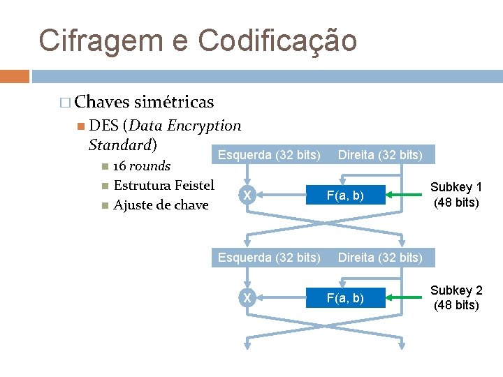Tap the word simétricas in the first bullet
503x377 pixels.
coord(174,103)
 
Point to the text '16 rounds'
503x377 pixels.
coord(141,166)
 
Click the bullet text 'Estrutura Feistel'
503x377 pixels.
coord(163,186)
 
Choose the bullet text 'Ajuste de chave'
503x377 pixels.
coord(161,205)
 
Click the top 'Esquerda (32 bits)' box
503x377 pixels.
coord(269,154)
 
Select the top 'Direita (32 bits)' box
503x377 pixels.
coord(380,154)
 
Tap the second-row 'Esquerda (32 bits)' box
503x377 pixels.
coord(269,258)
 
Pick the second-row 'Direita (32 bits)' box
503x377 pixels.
coord(380,258)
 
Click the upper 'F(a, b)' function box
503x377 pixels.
coord(346,195)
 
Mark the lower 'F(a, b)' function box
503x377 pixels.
coord(346,298)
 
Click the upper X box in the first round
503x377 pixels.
coord(247,195)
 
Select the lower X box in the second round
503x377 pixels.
coord(247,298)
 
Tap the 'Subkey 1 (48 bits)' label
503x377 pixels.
coord(455,195)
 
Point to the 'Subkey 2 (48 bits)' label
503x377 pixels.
coord(455,297)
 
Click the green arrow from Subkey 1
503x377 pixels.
coord(406,195)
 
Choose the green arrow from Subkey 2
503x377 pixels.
coord(406,298)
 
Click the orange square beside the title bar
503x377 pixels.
coord(15,76)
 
